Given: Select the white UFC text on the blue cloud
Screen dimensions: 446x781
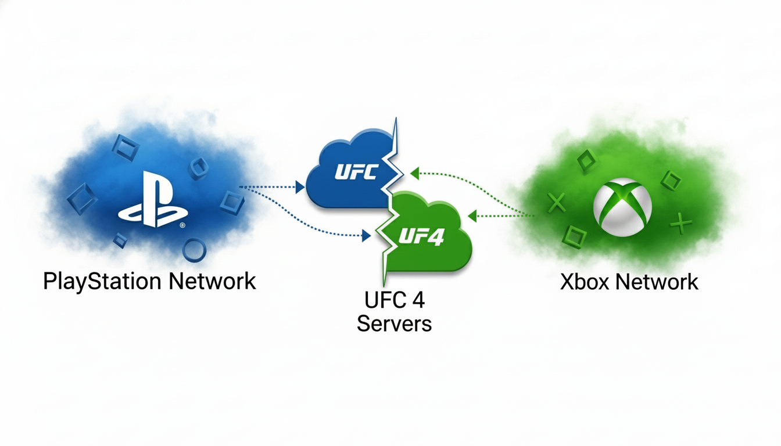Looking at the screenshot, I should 356,172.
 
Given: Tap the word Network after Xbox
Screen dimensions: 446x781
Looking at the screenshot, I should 657,282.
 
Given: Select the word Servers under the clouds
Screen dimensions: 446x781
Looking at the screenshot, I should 394,323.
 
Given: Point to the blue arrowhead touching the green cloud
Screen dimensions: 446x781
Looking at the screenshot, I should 366,236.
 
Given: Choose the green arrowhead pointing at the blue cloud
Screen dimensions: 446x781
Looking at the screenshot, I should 414,172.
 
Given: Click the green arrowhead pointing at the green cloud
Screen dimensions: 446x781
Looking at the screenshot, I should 472,216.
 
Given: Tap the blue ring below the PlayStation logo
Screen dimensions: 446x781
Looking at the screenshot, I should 194,250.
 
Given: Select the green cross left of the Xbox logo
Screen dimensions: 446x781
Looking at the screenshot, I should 557,203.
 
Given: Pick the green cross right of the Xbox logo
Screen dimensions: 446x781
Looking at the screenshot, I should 678,221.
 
